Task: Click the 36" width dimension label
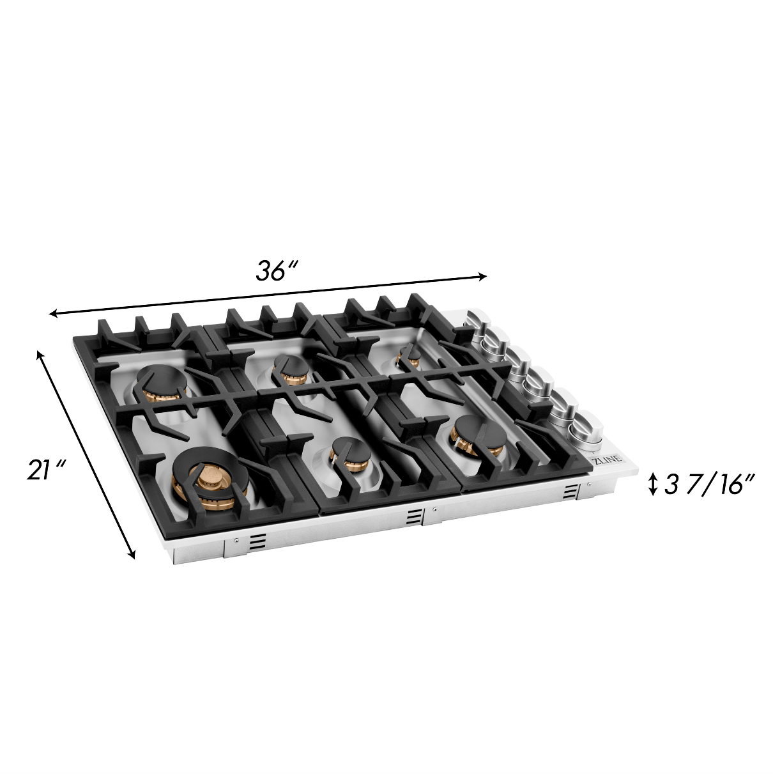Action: click(277, 271)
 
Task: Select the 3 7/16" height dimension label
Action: click(708, 485)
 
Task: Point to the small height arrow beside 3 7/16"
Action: click(654, 484)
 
